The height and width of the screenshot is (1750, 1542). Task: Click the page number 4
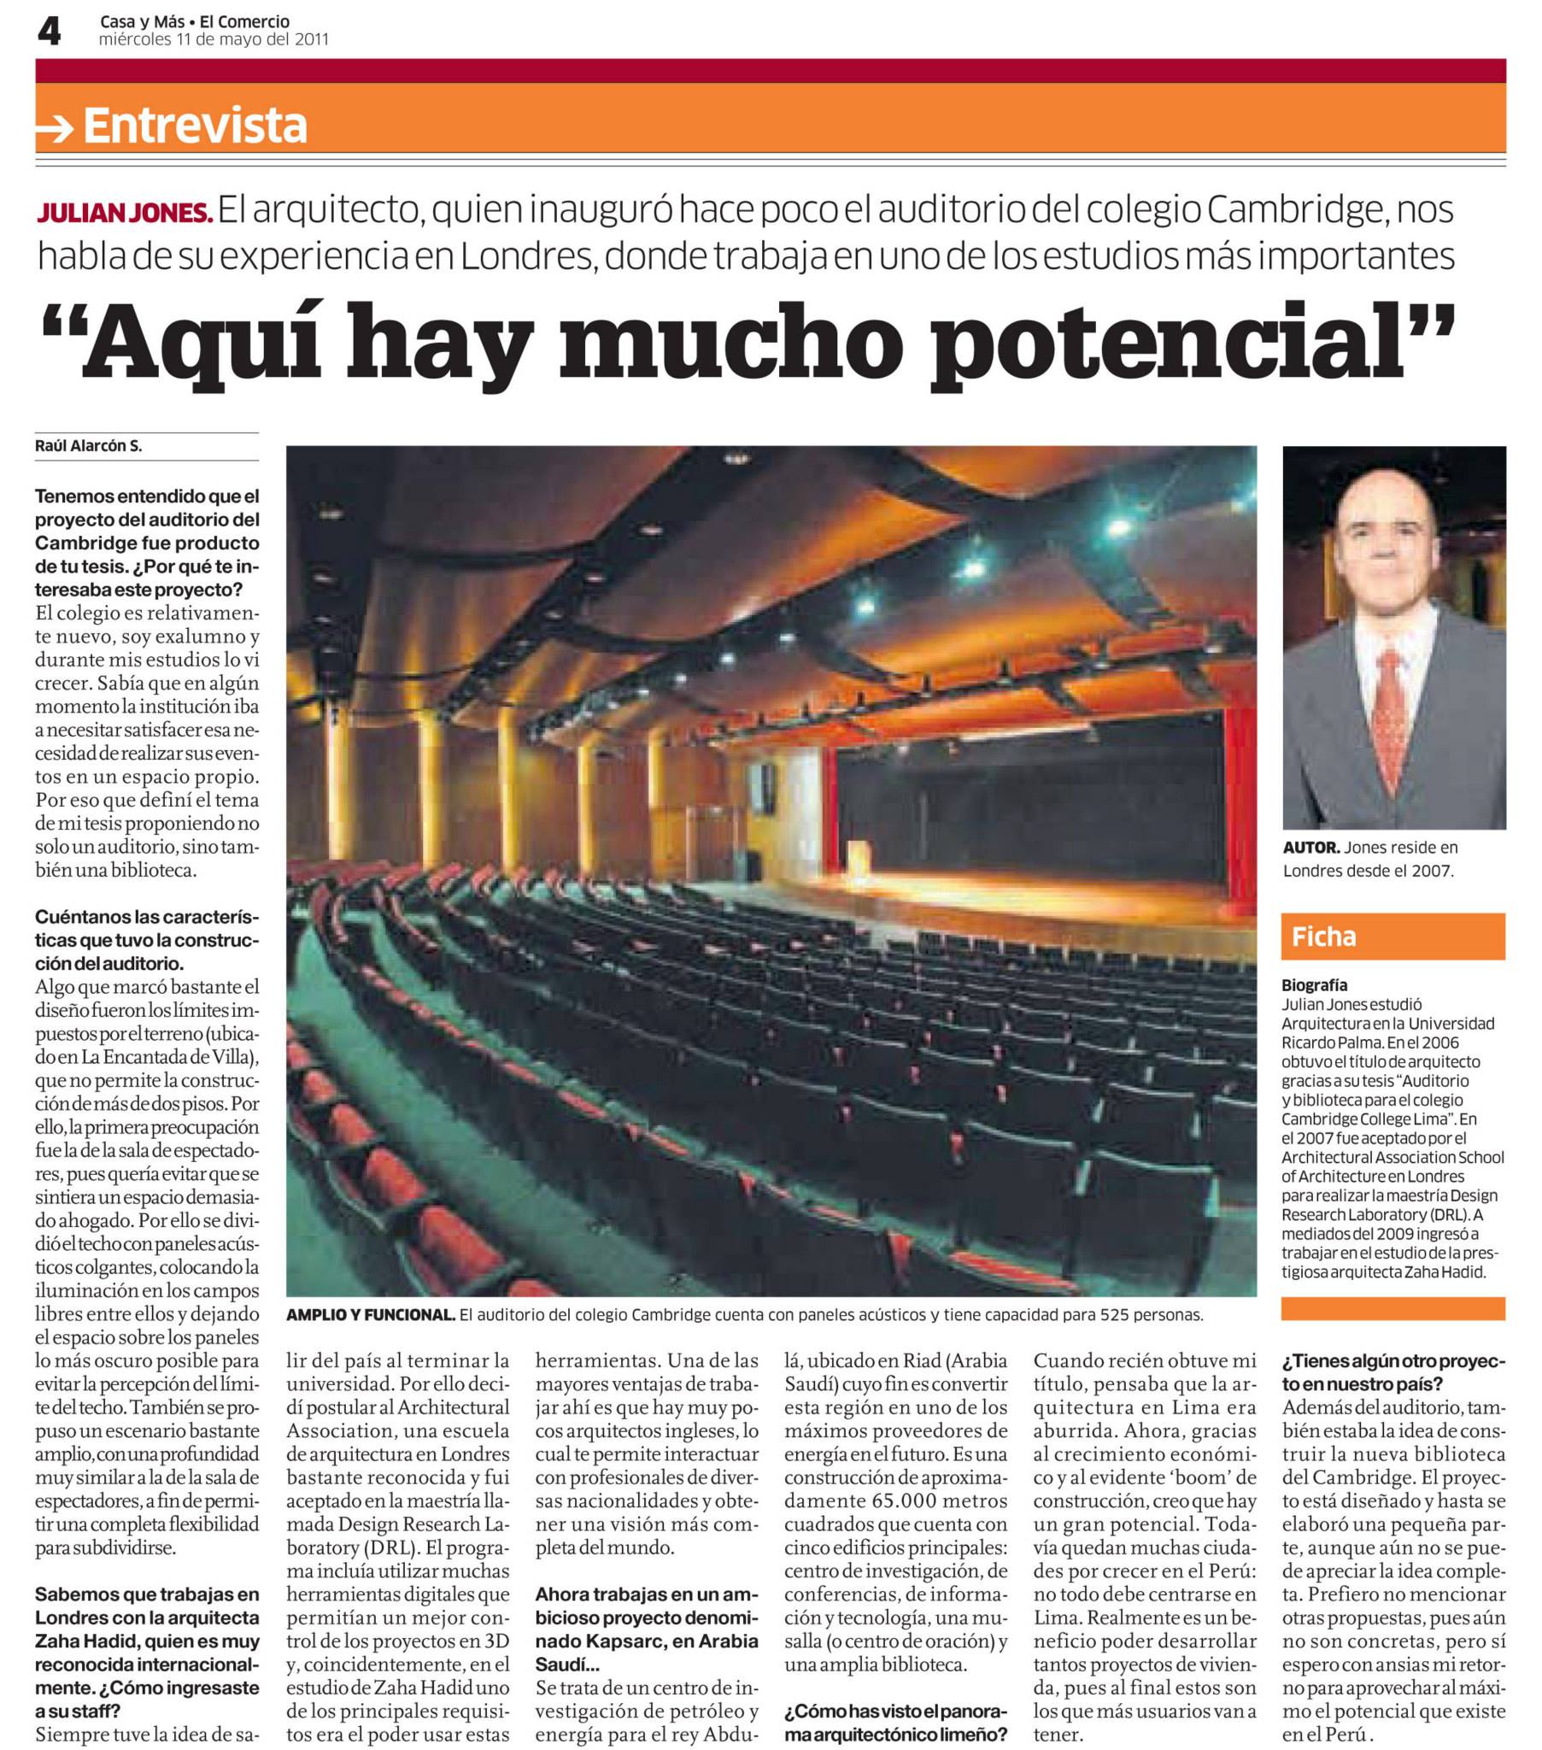[49, 32]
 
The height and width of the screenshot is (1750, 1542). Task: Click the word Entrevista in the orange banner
[196, 125]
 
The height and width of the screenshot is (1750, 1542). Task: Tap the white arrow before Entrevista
[56, 128]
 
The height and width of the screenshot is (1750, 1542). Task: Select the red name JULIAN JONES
[124, 212]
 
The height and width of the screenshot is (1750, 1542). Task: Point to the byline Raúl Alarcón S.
[88, 446]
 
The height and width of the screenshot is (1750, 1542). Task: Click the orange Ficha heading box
[1392, 937]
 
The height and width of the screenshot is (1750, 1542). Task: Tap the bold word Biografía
[1314, 984]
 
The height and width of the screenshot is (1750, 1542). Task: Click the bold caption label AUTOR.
[1310, 848]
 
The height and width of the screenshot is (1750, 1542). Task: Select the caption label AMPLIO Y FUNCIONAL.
[370, 1315]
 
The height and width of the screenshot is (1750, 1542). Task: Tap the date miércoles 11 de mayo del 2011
[214, 39]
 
